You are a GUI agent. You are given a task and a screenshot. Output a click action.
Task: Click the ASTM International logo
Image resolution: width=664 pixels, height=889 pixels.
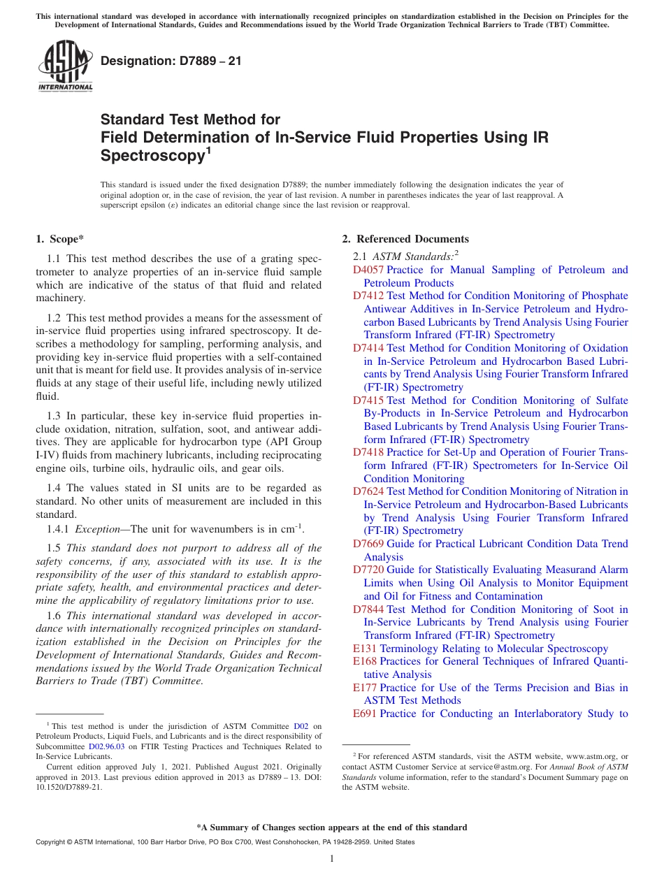64,66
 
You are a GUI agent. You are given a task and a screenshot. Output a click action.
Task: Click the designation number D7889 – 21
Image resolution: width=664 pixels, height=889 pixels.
171,61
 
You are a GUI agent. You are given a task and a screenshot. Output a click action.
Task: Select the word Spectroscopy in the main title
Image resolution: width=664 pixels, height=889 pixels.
152,155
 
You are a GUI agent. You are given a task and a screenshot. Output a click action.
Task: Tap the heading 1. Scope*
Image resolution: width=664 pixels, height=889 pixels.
60,239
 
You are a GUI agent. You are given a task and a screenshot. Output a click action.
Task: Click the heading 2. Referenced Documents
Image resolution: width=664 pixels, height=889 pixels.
405,239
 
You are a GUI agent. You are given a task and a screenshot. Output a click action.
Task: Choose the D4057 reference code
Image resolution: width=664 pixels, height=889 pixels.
368,270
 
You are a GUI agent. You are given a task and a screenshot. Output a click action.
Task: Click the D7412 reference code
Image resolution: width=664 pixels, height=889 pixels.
368,296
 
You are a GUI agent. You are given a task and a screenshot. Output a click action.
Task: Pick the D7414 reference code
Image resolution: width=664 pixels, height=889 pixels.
368,348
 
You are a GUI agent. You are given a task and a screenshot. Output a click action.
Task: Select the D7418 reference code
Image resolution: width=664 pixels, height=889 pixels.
368,452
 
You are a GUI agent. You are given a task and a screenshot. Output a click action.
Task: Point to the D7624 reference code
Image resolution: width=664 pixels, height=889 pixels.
368,491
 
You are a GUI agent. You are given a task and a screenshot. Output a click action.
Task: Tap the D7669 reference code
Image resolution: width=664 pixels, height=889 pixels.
368,544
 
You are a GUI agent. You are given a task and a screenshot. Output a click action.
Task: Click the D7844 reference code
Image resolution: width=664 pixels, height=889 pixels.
368,609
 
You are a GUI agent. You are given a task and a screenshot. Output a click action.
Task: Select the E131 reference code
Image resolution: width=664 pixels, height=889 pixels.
365,649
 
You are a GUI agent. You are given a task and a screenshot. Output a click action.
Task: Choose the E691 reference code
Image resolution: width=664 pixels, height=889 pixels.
365,714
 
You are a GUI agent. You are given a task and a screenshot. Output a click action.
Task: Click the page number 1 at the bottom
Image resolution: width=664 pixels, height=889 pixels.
332,858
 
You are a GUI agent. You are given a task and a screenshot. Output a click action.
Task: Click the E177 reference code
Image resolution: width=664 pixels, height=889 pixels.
365,688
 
